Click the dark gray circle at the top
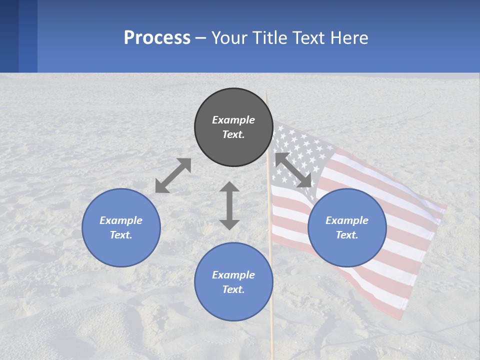tap(233, 127)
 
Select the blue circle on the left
tap(121, 227)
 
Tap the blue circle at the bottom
tap(233, 282)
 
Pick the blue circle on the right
tap(347, 227)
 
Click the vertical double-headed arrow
tap(229, 205)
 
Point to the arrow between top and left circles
tap(173, 175)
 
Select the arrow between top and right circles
tap(293, 170)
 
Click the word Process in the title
tap(157, 38)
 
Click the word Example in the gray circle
tap(233, 120)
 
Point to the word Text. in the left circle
tap(121, 235)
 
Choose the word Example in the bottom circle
tap(233, 275)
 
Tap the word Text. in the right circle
tap(347, 235)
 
